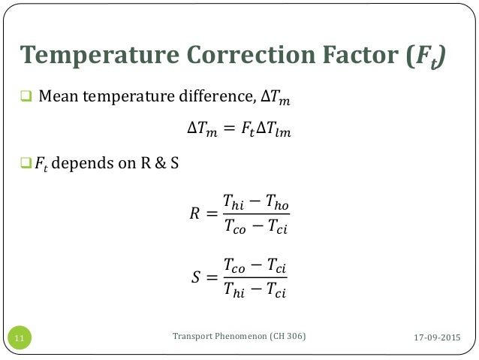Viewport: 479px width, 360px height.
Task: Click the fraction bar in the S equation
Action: [x=256, y=275]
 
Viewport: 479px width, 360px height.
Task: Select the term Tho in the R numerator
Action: [x=276, y=201]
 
